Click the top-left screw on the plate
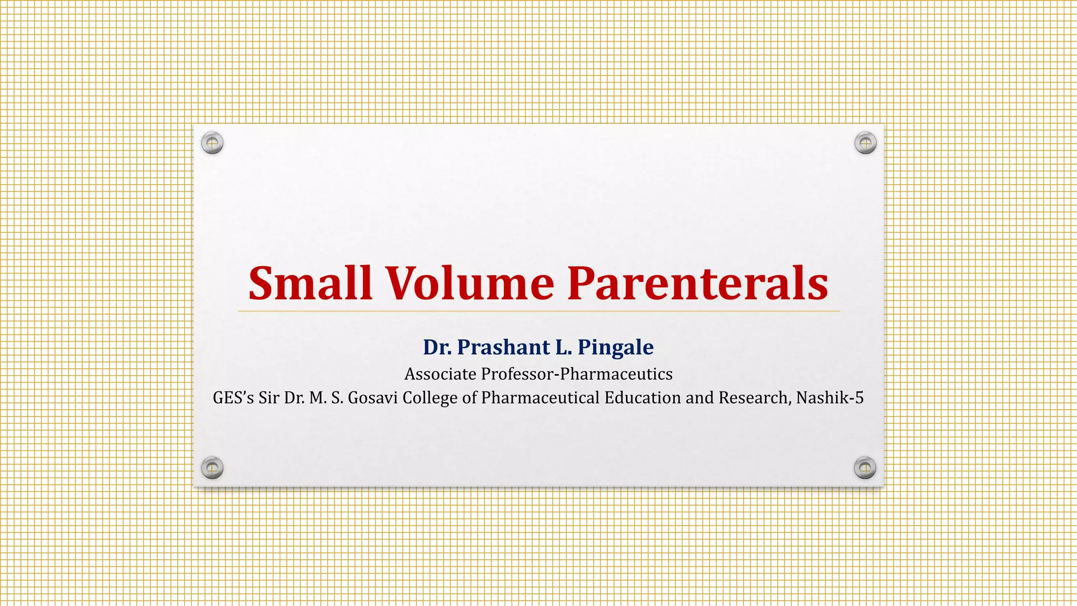pyautogui.click(x=212, y=143)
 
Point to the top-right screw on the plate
pyautogui.click(x=865, y=143)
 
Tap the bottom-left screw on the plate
pyautogui.click(x=212, y=468)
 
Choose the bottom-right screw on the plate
pyautogui.click(x=865, y=468)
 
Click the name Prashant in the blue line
pyautogui.click(x=503, y=347)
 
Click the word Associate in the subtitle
pyautogui.click(x=440, y=374)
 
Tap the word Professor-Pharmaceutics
pyautogui.click(x=577, y=374)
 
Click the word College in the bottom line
pyautogui.click(x=430, y=398)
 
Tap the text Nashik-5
pyautogui.click(x=830, y=398)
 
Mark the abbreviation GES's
pyautogui.click(x=233, y=398)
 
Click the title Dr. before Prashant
pyautogui.click(x=437, y=347)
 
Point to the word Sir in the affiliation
pyautogui.click(x=269, y=398)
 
